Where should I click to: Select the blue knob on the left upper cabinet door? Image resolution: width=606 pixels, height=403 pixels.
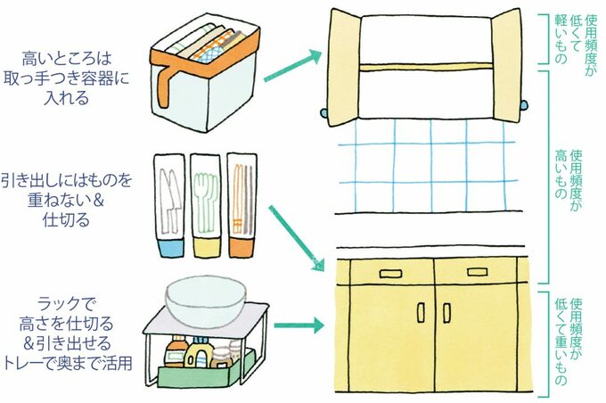pyautogui.click(x=324, y=114)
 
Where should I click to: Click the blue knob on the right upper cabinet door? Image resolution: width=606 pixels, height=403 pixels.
pyautogui.click(x=521, y=114)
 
